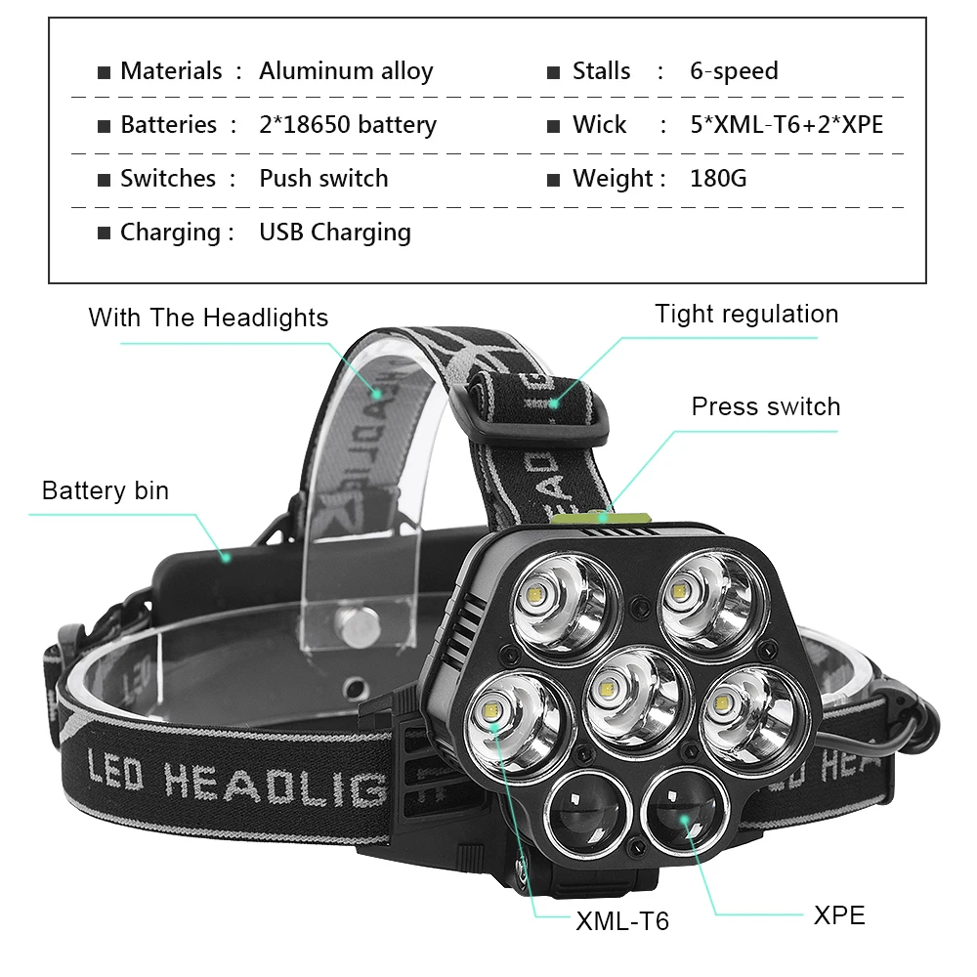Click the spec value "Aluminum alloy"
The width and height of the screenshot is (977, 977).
[x=346, y=71]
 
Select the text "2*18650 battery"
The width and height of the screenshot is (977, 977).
[x=348, y=125]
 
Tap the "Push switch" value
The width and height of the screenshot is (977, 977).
[x=323, y=178]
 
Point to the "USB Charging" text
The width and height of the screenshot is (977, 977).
[x=335, y=233]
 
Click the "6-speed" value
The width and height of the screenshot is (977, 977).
[x=734, y=71]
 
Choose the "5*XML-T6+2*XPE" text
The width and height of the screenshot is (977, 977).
[x=786, y=125]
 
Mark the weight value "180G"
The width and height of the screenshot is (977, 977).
[x=718, y=178]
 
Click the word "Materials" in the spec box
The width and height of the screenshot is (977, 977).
[x=171, y=71]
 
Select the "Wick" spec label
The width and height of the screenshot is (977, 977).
[x=600, y=125]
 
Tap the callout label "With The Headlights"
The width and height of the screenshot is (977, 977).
[x=208, y=318]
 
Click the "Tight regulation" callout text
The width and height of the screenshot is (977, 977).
[x=746, y=314]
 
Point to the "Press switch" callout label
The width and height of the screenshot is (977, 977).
[x=766, y=406]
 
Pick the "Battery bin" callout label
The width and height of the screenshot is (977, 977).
[x=106, y=490]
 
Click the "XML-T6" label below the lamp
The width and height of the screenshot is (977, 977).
[x=622, y=921]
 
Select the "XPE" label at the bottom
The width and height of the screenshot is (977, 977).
[x=839, y=915]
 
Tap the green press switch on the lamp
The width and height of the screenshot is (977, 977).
[x=601, y=519]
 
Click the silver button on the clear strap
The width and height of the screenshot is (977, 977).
[x=357, y=627]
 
